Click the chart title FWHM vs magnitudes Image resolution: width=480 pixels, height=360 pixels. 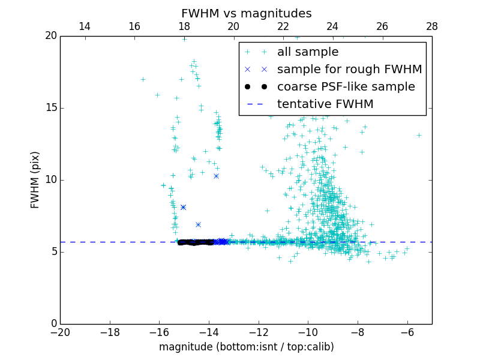246,13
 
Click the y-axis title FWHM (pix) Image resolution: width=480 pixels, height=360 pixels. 35,180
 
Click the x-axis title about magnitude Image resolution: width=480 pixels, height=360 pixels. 246,347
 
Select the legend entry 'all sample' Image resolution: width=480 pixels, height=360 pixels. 307,52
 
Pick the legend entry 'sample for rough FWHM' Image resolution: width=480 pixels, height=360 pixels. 349,70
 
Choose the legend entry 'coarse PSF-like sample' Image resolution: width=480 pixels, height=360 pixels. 346,87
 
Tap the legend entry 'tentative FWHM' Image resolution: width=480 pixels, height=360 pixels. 325,104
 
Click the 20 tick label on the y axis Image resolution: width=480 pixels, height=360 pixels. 50,36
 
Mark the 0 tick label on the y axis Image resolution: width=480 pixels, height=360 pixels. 54,324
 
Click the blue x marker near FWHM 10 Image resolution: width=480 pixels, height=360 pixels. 216,176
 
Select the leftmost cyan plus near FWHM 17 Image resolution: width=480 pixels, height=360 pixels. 143,79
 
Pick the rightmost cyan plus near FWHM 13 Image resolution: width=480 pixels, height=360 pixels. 419,135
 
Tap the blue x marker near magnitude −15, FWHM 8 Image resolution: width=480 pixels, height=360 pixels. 183,207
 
